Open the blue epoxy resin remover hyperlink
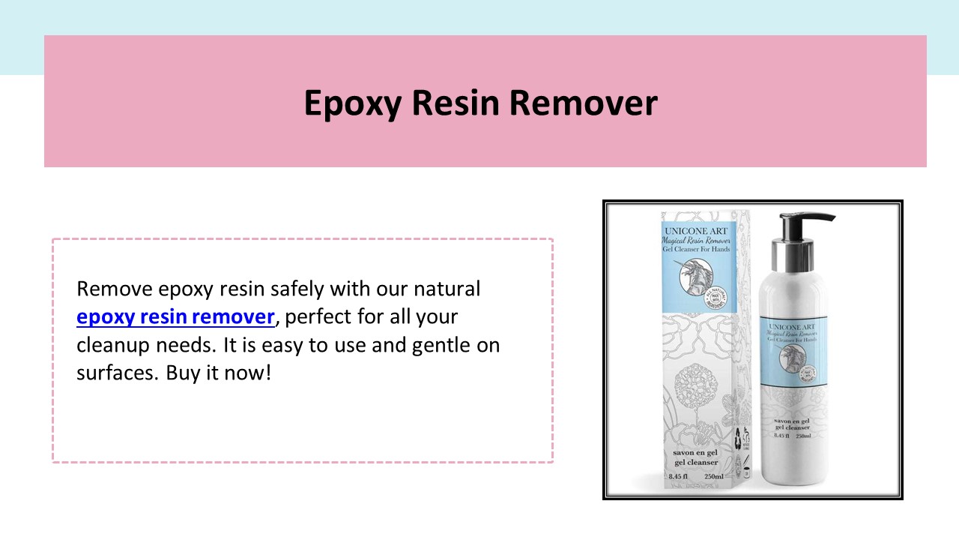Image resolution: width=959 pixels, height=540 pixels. [175, 317]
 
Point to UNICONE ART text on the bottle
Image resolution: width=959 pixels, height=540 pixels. [794, 327]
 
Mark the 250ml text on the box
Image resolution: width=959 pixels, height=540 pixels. [713, 476]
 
